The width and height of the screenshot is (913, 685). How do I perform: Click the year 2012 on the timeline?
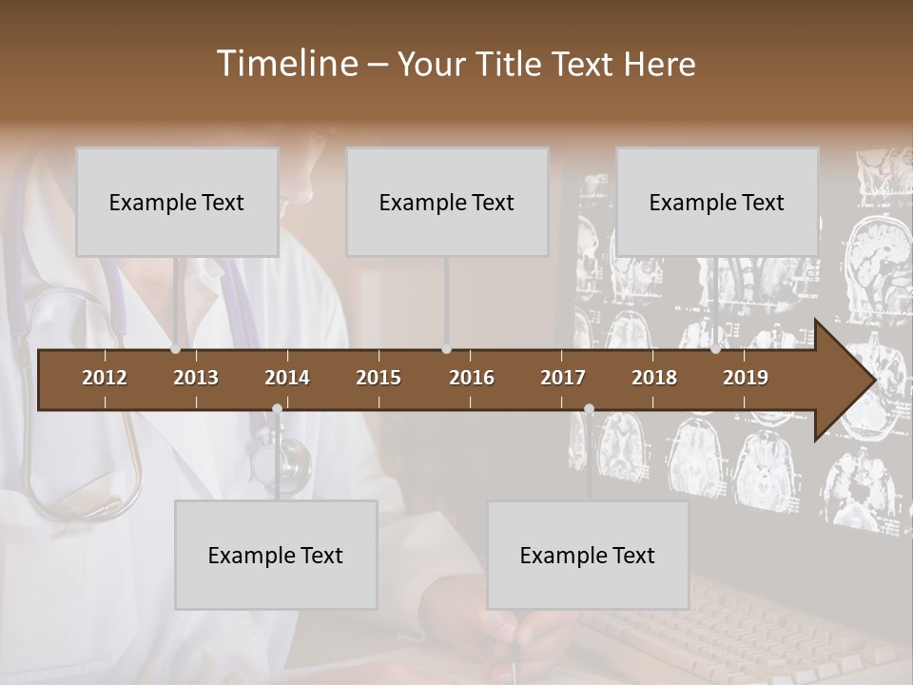tap(105, 378)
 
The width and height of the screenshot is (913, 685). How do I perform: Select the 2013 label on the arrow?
tap(196, 378)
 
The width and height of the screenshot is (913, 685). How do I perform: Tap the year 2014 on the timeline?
tap(287, 378)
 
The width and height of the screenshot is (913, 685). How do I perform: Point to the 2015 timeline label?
tap(379, 378)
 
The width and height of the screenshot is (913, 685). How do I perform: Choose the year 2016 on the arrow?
tap(472, 378)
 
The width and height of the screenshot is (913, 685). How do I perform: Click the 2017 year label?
tap(563, 378)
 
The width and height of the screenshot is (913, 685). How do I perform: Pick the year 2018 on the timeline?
tap(654, 378)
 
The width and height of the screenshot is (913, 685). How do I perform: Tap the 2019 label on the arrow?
tap(746, 378)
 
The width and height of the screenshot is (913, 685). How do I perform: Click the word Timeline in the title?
tap(285, 64)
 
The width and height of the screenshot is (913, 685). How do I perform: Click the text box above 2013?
tap(177, 202)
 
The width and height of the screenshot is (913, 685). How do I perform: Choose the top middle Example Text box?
tap(447, 202)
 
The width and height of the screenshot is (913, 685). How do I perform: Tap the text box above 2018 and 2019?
tap(717, 202)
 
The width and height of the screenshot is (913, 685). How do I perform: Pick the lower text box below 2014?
tap(276, 555)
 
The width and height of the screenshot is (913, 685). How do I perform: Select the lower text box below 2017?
tap(588, 555)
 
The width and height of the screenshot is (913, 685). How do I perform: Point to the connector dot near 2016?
tap(446, 349)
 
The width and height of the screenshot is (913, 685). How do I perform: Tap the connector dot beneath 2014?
tap(277, 409)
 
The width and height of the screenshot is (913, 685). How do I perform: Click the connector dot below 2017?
tap(589, 409)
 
